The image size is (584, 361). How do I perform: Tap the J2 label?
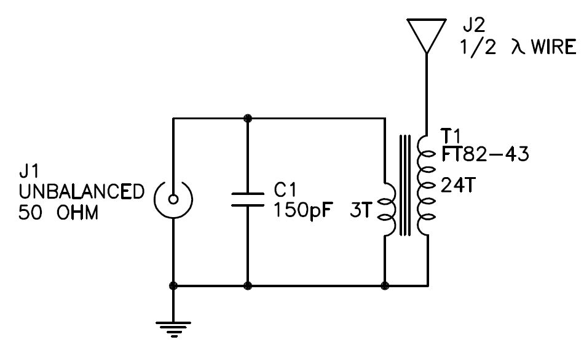click(x=473, y=26)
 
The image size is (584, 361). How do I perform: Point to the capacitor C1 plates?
click(x=248, y=199)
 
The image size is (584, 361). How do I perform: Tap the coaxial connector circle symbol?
click(x=173, y=199)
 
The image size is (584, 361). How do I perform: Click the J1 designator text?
click(x=31, y=170)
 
